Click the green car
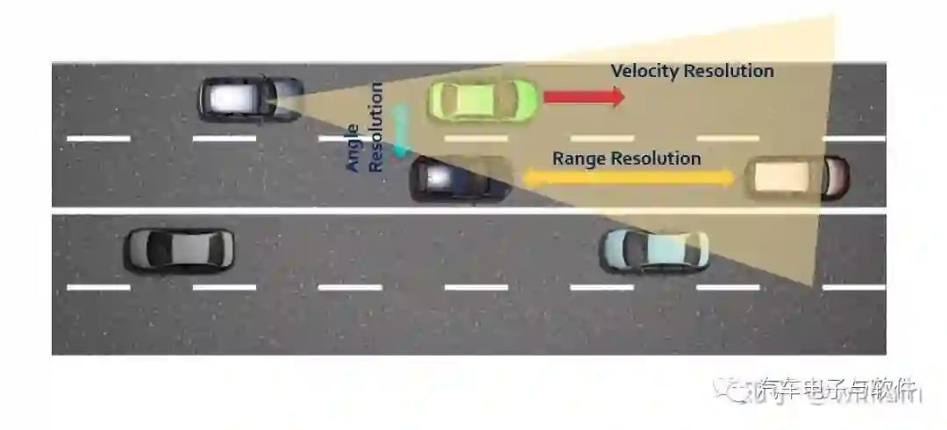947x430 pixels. click(481, 100)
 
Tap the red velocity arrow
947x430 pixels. click(584, 96)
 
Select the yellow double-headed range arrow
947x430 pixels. click(629, 178)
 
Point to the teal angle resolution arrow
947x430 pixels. click(402, 131)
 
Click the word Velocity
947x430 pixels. click(644, 71)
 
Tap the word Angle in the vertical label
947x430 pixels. click(353, 149)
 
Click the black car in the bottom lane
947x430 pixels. click(180, 250)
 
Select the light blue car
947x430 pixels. click(653, 250)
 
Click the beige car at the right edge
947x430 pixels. click(796, 177)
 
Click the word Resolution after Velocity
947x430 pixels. click(730, 71)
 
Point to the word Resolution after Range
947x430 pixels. click(657, 159)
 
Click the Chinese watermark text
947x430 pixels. click(837, 388)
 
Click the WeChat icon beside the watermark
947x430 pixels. click(730, 388)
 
